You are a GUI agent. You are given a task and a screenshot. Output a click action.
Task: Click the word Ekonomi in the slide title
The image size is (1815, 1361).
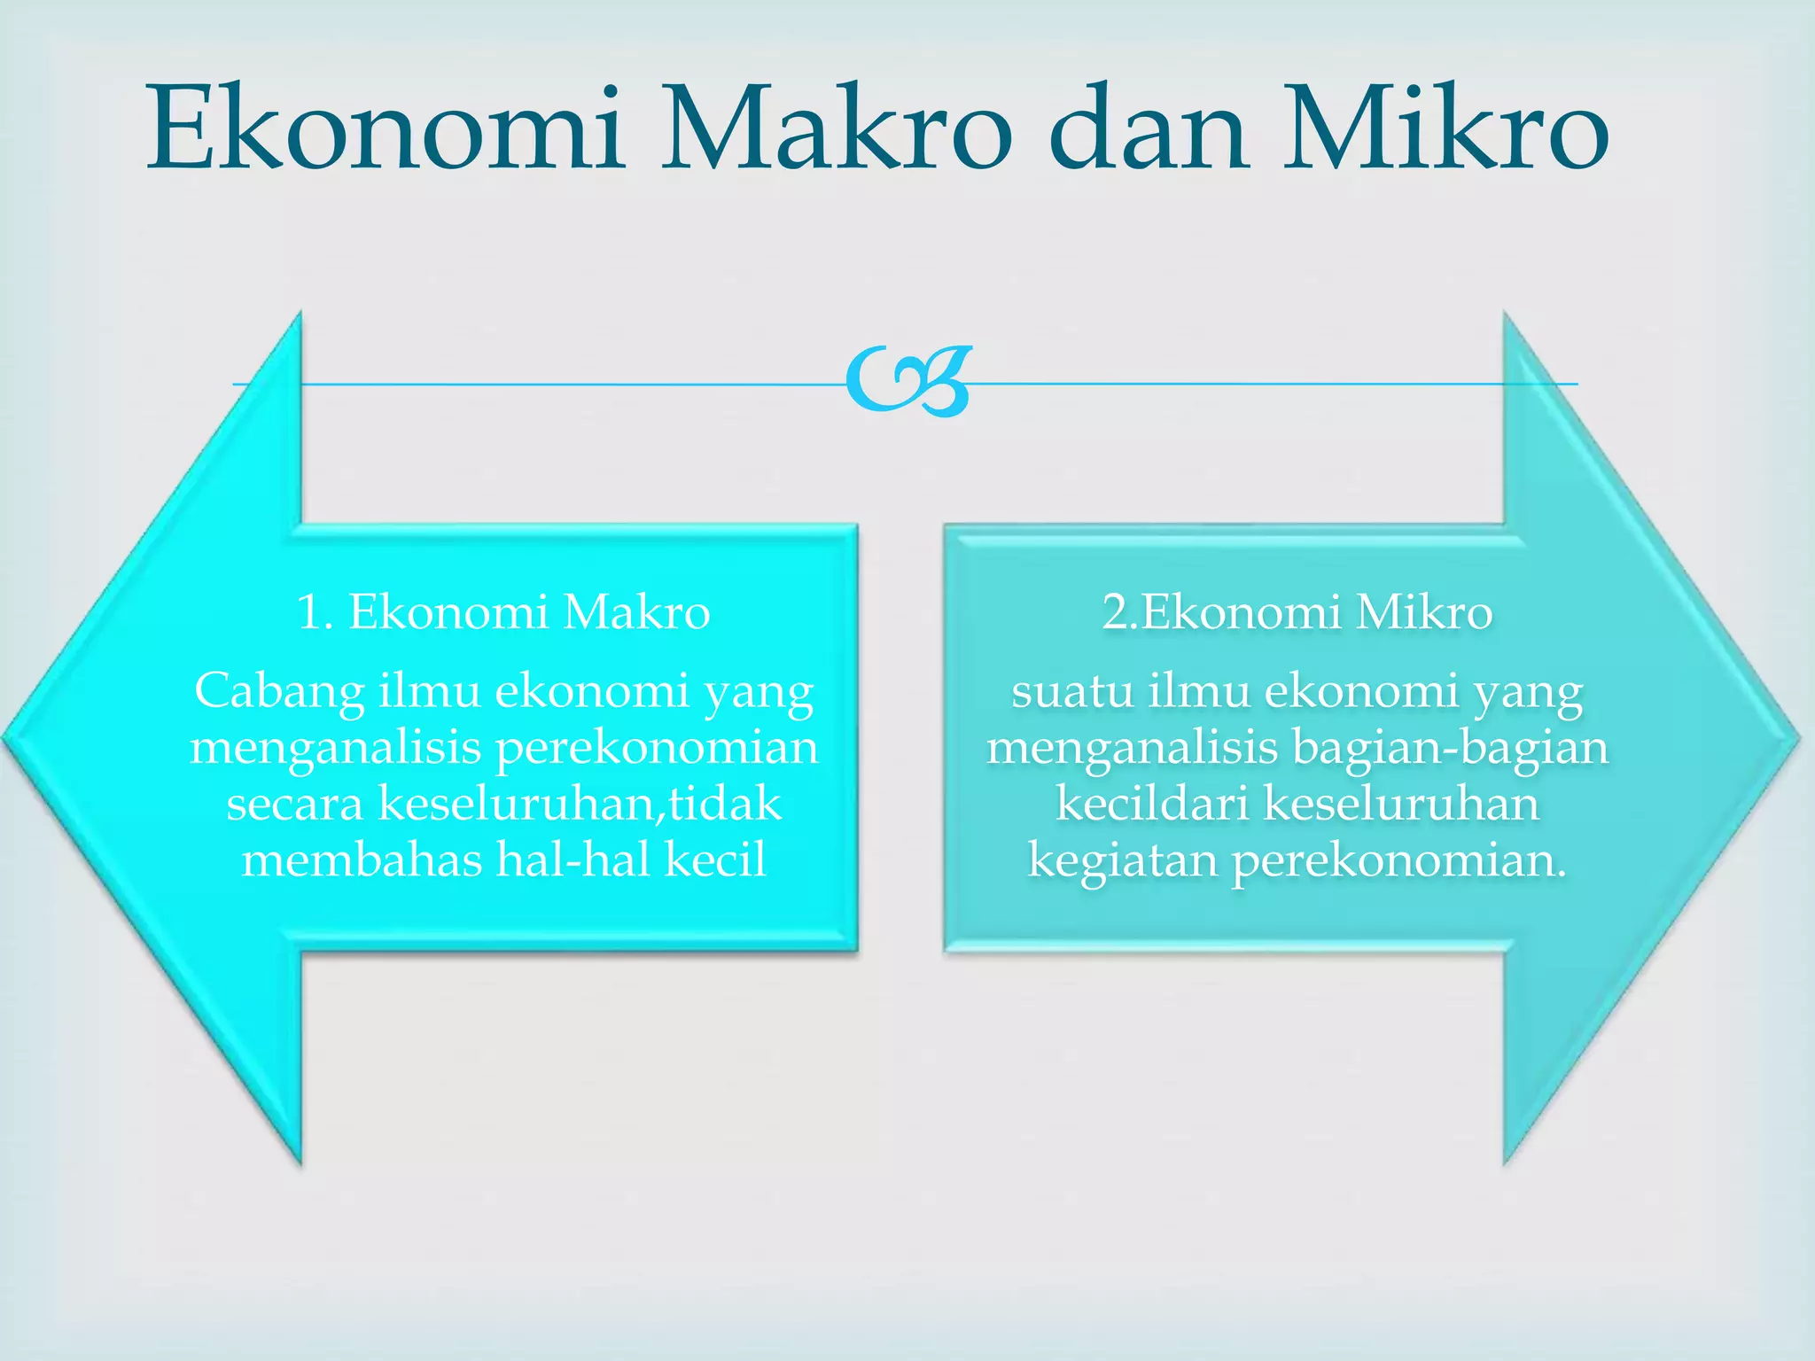tap(386, 128)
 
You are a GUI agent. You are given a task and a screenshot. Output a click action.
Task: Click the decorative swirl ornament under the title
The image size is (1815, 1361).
tap(908, 382)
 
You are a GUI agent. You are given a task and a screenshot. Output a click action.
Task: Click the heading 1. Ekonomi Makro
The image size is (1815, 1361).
tap(503, 612)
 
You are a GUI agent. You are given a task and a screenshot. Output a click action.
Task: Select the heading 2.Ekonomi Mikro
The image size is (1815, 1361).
tap(1297, 612)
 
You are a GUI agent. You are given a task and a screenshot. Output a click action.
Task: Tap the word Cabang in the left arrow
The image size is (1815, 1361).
tap(279, 692)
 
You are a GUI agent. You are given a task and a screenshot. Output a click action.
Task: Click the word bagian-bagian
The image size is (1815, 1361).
tap(1450, 747)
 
